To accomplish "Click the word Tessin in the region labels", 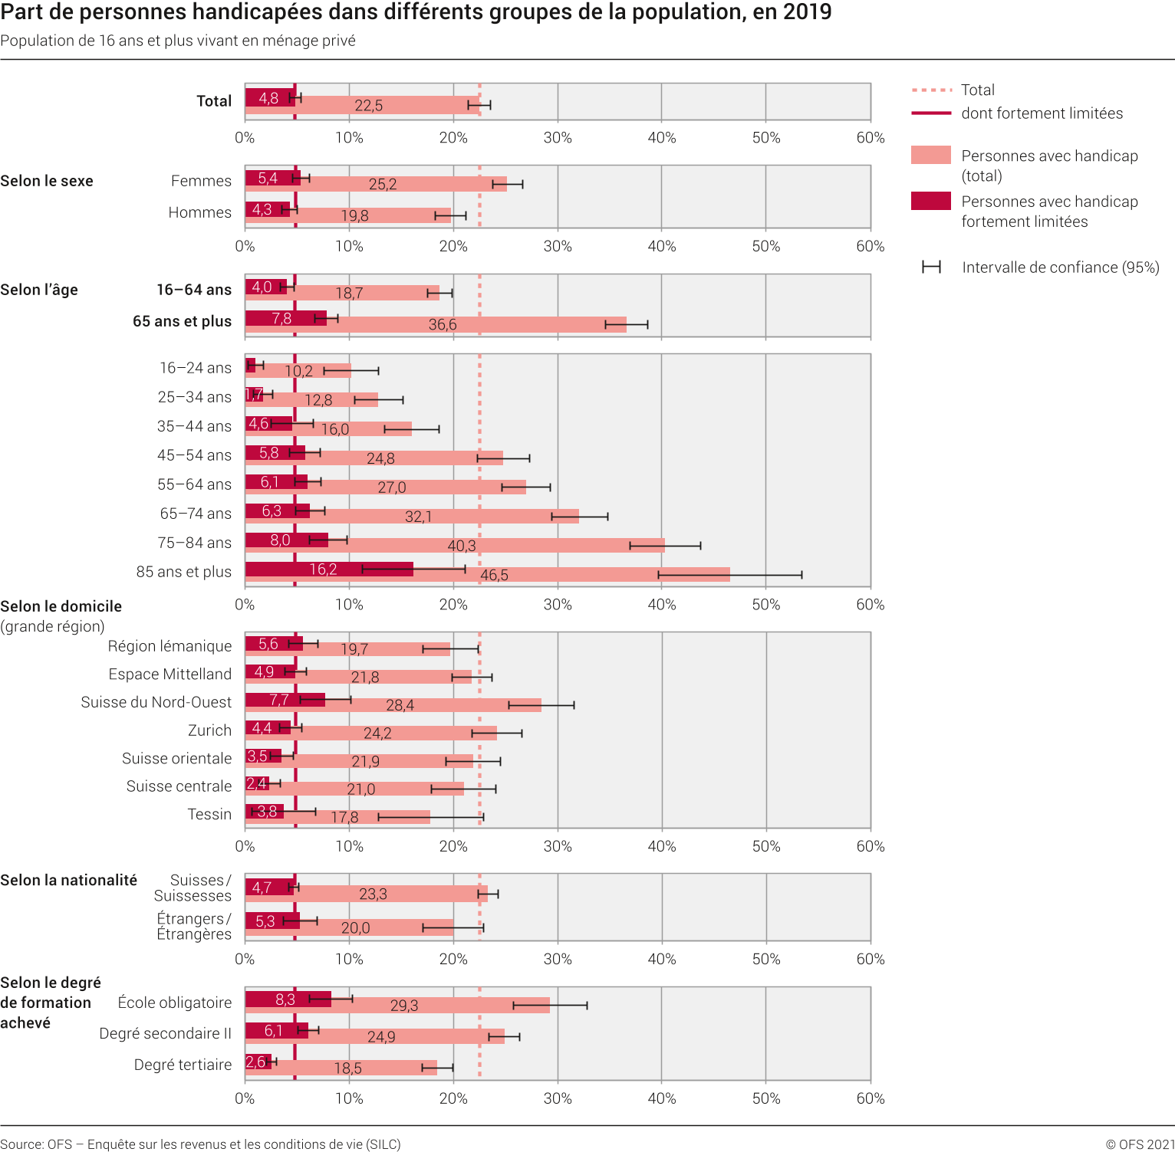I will click(209, 814).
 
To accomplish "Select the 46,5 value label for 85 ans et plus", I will click(494, 575).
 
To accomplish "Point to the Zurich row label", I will click(209, 730).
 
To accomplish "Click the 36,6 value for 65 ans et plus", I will click(443, 324).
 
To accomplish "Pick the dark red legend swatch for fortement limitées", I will click(930, 202).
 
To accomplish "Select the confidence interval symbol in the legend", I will click(931, 267).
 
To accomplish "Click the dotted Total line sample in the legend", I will click(931, 90).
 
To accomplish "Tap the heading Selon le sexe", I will click(47, 181).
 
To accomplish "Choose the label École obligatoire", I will click(175, 1003).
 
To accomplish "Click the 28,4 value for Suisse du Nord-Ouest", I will click(400, 705).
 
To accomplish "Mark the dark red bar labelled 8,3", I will click(288, 999).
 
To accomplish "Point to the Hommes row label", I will click(199, 212).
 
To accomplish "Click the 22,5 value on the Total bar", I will click(368, 106).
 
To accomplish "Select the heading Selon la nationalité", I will click(68, 880).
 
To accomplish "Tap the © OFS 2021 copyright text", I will click(1140, 1144).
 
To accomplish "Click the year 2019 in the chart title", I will click(807, 12).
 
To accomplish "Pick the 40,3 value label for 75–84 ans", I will click(462, 546).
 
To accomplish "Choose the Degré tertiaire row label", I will click(183, 1065).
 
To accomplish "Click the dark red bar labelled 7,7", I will click(285, 700).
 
